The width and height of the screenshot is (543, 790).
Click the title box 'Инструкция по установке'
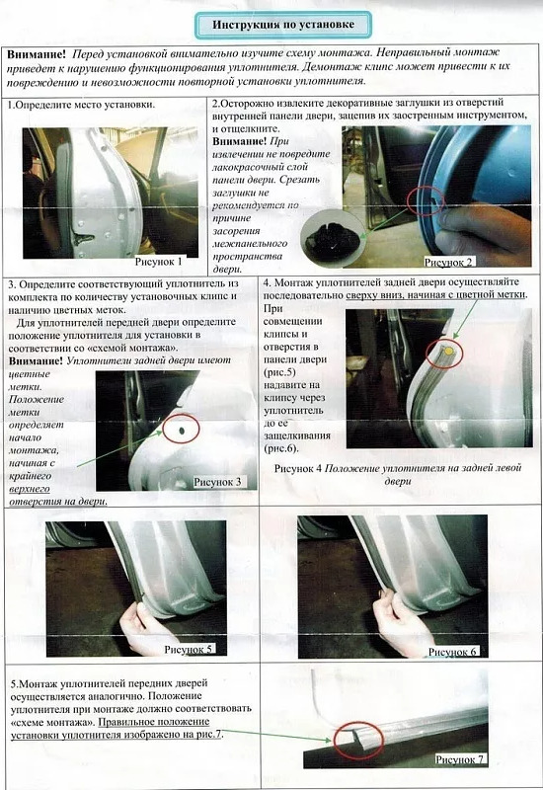283,25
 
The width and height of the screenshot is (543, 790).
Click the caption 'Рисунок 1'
158,262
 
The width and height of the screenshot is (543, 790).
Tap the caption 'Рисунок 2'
448,262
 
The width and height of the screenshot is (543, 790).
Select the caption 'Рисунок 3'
217,482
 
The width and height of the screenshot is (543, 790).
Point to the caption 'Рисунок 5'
189,649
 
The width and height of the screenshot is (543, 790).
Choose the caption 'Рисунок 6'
452,652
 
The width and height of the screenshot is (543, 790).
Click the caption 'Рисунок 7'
459,759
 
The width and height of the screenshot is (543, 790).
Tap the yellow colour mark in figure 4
449,351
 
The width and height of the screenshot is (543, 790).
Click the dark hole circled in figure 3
182,430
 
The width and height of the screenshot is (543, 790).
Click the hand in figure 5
142,627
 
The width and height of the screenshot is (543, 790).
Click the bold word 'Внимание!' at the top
37,54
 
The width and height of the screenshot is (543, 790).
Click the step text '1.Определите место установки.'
81,106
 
